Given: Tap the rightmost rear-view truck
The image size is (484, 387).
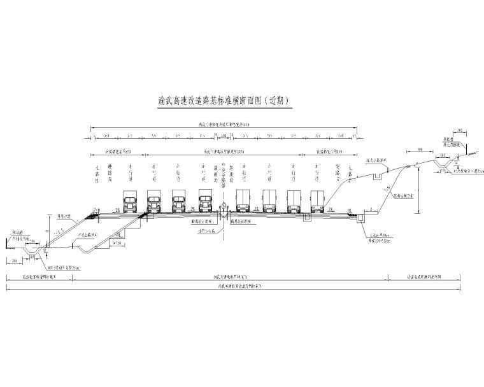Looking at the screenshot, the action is [317, 201].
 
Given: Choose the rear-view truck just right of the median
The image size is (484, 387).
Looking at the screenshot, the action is [243, 201].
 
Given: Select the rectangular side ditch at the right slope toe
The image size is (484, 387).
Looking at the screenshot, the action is [362, 218].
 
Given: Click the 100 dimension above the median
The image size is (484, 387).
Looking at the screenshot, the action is [224, 136].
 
